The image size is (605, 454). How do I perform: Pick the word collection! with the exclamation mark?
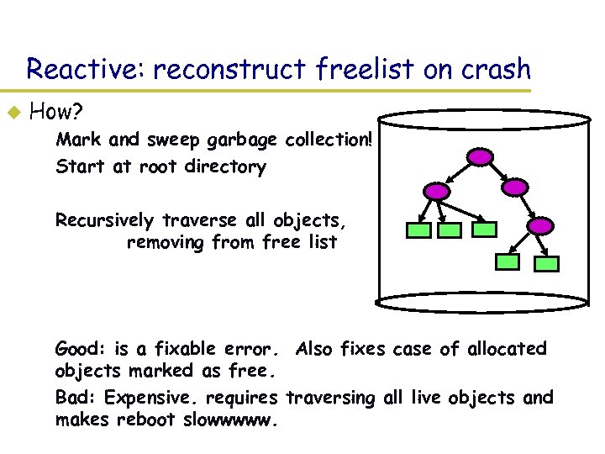click(329, 140)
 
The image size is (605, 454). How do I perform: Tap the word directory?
click(229, 167)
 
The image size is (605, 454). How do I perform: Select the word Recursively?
click(105, 221)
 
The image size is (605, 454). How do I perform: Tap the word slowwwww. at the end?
click(229, 420)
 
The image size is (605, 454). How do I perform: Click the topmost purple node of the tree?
click(477, 156)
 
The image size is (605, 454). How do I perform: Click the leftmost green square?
click(418, 230)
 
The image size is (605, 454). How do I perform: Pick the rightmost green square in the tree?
click(547, 262)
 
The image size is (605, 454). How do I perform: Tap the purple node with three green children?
click(437, 192)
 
